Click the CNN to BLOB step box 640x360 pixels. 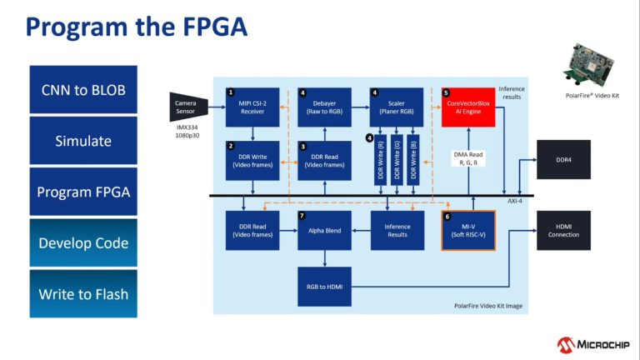coord(83,89)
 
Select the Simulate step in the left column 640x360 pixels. coord(83,141)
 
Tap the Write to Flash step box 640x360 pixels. coord(83,294)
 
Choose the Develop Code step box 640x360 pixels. coord(83,242)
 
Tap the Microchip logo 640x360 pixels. coord(587,343)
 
